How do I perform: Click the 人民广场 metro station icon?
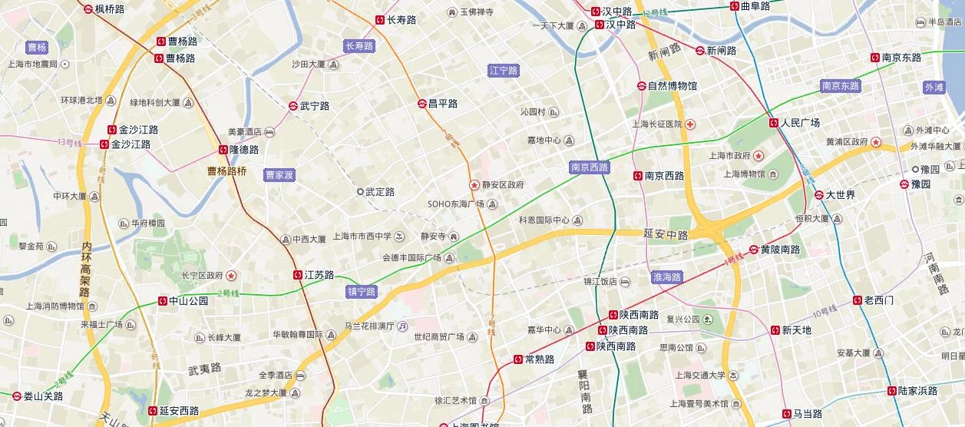[x=774, y=123]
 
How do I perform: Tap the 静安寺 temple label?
[x=433, y=236]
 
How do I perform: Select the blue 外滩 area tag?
[x=934, y=88]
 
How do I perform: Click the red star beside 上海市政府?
[x=758, y=155]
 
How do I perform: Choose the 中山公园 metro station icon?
[x=163, y=301]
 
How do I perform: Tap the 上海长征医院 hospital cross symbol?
[x=691, y=124]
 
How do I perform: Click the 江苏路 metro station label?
[x=319, y=275]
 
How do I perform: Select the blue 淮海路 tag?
[x=666, y=276]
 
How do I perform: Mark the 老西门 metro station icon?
[x=858, y=300]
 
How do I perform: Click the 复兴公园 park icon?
[x=707, y=319]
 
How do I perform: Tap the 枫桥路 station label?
[x=110, y=9]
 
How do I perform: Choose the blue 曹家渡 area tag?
[x=279, y=175]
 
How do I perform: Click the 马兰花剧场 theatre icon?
[x=402, y=326]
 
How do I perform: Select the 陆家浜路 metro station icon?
[x=892, y=391]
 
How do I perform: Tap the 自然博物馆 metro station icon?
[x=641, y=86]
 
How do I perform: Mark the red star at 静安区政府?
[x=474, y=185]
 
